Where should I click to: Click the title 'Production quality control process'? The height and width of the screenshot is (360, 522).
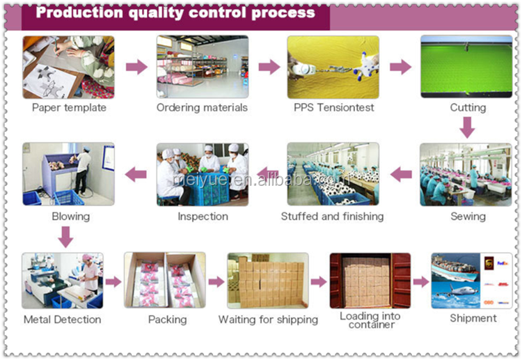click(175, 13)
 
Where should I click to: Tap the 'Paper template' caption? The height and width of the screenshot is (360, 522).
click(69, 108)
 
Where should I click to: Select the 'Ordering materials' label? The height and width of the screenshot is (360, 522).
click(202, 108)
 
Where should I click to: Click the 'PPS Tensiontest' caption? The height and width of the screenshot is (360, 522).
click(334, 108)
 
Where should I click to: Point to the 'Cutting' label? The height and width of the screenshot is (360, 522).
click(468, 108)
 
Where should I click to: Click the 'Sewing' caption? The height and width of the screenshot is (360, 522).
click(468, 217)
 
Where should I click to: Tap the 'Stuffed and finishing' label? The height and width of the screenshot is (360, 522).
click(332, 217)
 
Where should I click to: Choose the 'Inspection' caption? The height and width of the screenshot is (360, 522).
click(203, 217)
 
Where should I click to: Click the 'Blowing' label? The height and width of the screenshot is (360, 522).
click(70, 217)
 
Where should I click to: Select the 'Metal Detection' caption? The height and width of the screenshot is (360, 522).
click(62, 320)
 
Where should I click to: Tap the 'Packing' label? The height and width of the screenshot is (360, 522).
click(167, 320)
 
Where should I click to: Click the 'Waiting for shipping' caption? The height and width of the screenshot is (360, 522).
click(268, 320)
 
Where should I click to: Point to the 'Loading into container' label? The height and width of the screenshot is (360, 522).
click(370, 320)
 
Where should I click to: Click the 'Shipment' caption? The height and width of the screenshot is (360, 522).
click(473, 318)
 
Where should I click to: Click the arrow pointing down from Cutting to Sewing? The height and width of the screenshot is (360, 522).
click(468, 127)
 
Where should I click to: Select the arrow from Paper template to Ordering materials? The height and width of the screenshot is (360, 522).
click(136, 67)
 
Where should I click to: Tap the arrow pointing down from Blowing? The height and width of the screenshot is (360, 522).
click(65, 237)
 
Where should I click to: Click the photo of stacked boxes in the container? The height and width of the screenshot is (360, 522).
click(370, 281)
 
